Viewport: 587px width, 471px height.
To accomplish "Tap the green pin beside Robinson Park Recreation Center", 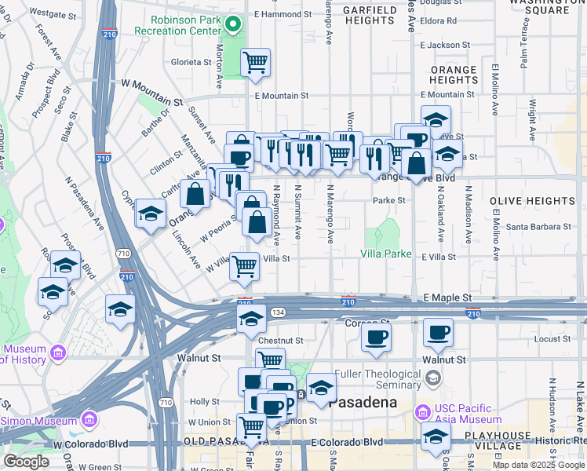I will [232, 25].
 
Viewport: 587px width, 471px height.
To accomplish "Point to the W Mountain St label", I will [151, 82].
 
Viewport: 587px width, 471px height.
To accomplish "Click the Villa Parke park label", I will [386, 254].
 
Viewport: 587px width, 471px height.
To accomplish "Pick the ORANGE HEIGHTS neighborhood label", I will [454, 75].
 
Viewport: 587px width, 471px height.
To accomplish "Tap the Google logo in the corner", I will [26, 462].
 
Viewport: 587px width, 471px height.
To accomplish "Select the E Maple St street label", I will [447, 298].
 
